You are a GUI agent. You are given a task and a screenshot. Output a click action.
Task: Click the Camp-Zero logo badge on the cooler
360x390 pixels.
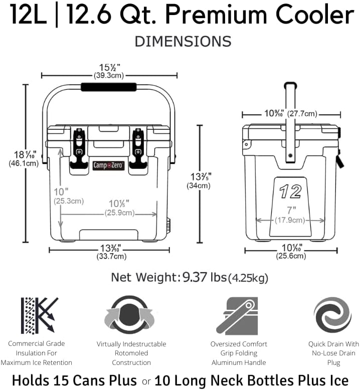pyautogui.click(x=108, y=165)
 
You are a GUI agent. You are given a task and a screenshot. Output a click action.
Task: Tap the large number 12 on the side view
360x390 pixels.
pyautogui.click(x=291, y=191)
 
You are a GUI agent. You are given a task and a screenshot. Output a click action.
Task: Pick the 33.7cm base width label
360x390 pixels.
pyautogui.click(x=111, y=257)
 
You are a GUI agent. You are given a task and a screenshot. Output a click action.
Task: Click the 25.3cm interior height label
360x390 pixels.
pyautogui.click(x=69, y=201)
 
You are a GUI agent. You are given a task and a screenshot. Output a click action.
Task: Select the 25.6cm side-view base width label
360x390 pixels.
pyautogui.click(x=290, y=256)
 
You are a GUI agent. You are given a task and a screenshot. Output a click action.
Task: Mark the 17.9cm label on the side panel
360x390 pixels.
pyautogui.click(x=290, y=220)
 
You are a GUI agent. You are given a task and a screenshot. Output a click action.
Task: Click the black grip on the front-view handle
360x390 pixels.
pyautogui.click(x=109, y=87)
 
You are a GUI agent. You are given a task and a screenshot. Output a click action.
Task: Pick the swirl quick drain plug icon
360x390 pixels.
pyautogui.click(x=332, y=315)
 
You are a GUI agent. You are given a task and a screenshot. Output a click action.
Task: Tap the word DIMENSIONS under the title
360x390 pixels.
pyautogui.click(x=183, y=41)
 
